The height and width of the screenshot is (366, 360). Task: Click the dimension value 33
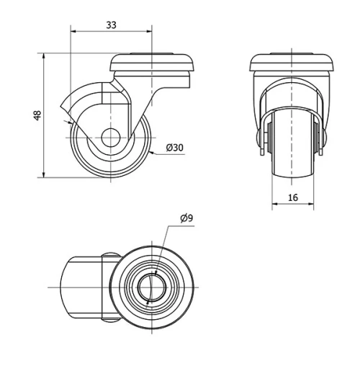point(111,24)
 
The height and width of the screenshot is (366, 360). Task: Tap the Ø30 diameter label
point(175,147)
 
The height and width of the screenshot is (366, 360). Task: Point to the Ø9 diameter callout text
point(186,218)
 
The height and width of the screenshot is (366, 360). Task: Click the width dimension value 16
point(292,197)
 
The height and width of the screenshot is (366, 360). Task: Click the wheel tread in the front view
point(292,155)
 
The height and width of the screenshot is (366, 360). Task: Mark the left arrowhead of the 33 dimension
point(73,31)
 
